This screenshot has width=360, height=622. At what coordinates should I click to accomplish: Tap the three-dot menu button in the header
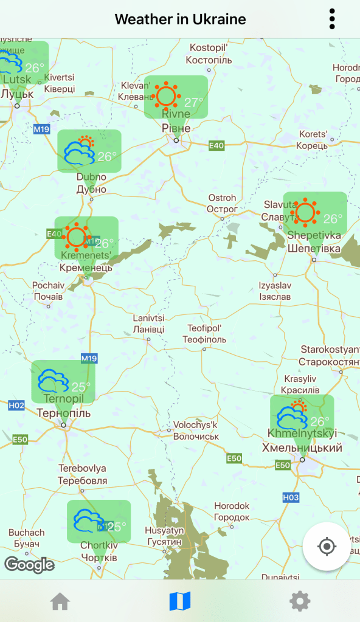pos(332,19)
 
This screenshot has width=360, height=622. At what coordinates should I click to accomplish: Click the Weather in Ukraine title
pos(180,19)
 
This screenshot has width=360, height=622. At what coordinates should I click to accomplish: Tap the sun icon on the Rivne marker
pos(166,95)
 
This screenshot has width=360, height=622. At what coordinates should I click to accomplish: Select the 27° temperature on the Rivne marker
pos(194,102)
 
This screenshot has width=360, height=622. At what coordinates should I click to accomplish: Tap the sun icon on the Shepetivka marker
pos(305,212)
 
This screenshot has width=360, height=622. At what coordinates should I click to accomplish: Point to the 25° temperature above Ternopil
pos(81,386)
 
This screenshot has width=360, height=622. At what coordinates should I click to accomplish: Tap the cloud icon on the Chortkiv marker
pos(89,521)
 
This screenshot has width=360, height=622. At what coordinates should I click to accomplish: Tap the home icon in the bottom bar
pos(60,601)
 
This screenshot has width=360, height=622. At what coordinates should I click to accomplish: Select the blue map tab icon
pos(180,601)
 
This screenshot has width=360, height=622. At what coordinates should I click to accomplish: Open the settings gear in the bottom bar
pos(300,601)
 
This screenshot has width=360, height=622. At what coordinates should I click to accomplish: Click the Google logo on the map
pos(29,565)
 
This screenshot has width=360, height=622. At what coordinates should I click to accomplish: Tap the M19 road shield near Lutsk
pos(41,129)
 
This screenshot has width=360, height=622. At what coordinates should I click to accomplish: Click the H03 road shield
pos(291,497)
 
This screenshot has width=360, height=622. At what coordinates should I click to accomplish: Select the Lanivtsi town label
pos(148,323)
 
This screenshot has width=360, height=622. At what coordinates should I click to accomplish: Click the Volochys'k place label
pos(195,430)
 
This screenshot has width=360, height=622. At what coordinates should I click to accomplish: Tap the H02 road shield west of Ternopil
pos(16,406)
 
